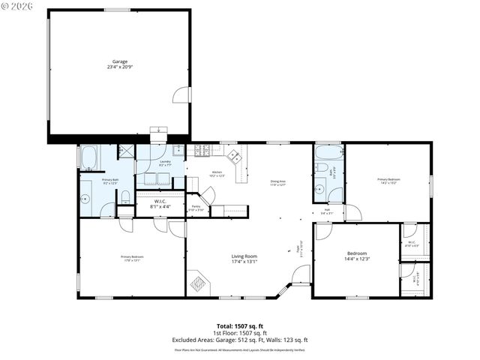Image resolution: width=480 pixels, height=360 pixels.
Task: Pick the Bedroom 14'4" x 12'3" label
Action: (x=357, y=256)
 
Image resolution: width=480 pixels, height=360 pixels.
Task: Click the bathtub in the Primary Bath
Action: (x=88, y=157)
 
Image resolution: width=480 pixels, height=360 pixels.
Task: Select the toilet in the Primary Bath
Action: (x=124, y=196)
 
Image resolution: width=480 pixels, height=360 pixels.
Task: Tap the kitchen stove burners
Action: (x=201, y=151)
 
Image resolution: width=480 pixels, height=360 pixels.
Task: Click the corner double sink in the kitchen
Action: (x=235, y=157)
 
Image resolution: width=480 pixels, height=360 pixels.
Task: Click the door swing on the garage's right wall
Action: (x=182, y=94)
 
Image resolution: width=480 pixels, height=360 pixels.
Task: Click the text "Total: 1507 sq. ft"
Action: (x=240, y=326)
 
